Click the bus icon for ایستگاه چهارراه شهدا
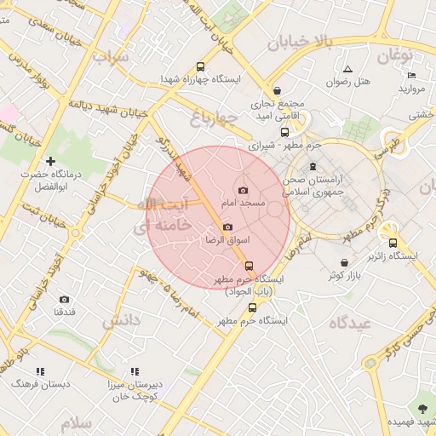pos(200,67)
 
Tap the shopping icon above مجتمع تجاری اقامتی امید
pos(278,90)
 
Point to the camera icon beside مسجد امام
pos(244,190)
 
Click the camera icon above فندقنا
pos(65,300)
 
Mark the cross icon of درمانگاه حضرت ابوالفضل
pos(50,160)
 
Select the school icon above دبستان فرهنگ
pos(39,371)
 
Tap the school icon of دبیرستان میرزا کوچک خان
pos(135,371)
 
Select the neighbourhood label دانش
pos(122,321)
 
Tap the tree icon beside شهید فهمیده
pos(424,407)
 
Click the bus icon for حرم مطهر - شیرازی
pos(284,132)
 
